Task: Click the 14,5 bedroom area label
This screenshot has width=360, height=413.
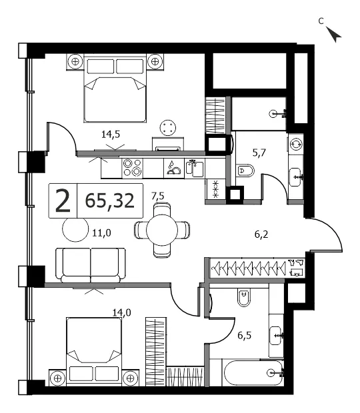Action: (111, 135)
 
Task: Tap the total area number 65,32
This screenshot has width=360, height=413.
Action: (110, 201)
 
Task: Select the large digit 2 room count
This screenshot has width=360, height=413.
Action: (63, 201)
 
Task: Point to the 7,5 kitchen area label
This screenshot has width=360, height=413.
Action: (158, 197)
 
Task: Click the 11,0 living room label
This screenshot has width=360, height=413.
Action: (101, 233)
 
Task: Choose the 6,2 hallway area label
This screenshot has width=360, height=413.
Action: (261, 234)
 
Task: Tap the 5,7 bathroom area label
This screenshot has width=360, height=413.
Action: (259, 153)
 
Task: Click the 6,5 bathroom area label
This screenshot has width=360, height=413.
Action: (244, 336)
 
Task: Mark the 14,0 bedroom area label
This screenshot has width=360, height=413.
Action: (122, 312)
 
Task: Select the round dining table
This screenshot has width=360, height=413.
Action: (162, 230)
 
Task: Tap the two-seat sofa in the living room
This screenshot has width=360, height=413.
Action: (91, 265)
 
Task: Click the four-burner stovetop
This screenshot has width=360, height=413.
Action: (132, 168)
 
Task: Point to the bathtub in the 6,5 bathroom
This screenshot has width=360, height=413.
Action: (253, 373)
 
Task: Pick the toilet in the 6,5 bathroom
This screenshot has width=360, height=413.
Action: (244, 297)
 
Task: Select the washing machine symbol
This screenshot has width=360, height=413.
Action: (296, 145)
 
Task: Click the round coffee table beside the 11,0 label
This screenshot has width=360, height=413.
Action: (75, 229)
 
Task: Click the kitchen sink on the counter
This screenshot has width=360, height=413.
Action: (195, 169)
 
